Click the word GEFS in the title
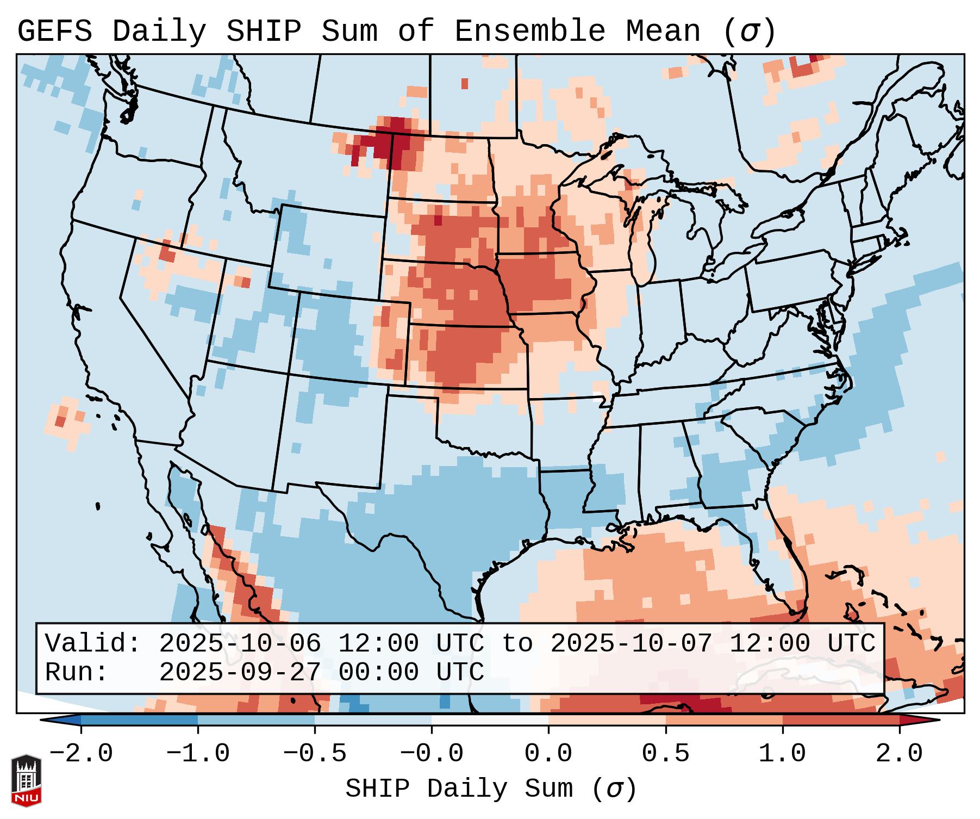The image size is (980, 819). coord(54,32)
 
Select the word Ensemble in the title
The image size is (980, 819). coord(529,32)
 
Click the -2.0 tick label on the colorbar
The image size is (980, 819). coord(81,754)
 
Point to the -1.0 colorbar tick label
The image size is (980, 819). coord(198,754)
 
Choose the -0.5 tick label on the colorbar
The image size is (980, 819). coord(315,754)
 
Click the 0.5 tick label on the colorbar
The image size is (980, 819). coord(666,754)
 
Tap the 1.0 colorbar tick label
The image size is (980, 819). coord(783,754)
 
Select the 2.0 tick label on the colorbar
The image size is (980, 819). coord(900,754)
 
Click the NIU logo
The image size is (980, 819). coord(26,780)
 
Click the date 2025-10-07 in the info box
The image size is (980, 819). coord(631,644)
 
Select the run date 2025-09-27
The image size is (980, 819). coord(240,673)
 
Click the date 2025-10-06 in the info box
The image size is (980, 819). coord(240,644)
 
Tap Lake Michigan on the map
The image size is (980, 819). coord(644,239)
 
